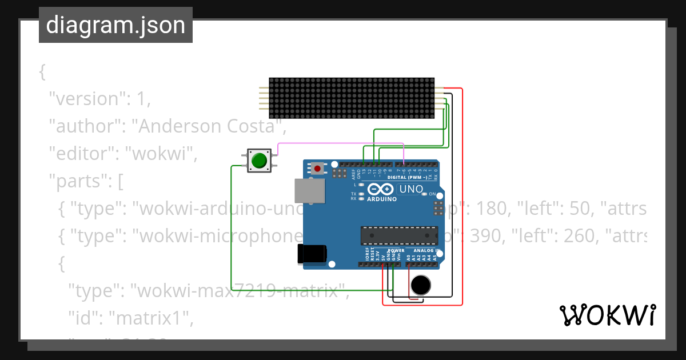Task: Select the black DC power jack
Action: click(312, 254)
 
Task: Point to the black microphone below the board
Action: click(421, 285)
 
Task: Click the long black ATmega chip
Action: click(398, 234)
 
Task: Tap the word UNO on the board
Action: click(410, 189)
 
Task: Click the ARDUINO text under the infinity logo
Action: click(381, 199)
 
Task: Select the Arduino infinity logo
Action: click(381, 190)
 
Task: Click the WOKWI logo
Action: click(607, 315)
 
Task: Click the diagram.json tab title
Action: click(115, 25)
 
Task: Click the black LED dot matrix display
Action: click(352, 98)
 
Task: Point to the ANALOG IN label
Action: click(426, 251)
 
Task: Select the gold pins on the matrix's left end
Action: click(262, 98)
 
